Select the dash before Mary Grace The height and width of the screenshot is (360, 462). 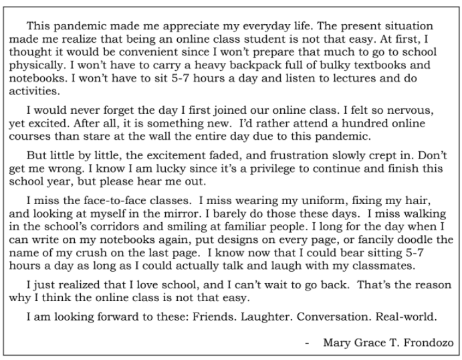(307, 343)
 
